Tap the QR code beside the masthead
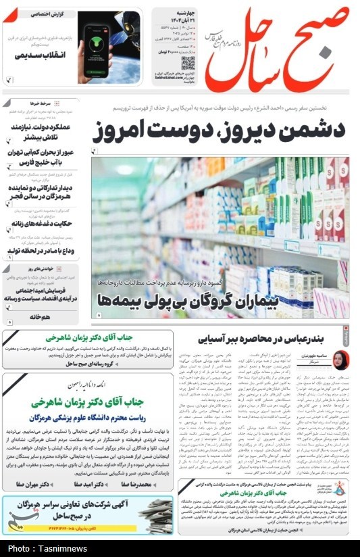pos(188,63)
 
